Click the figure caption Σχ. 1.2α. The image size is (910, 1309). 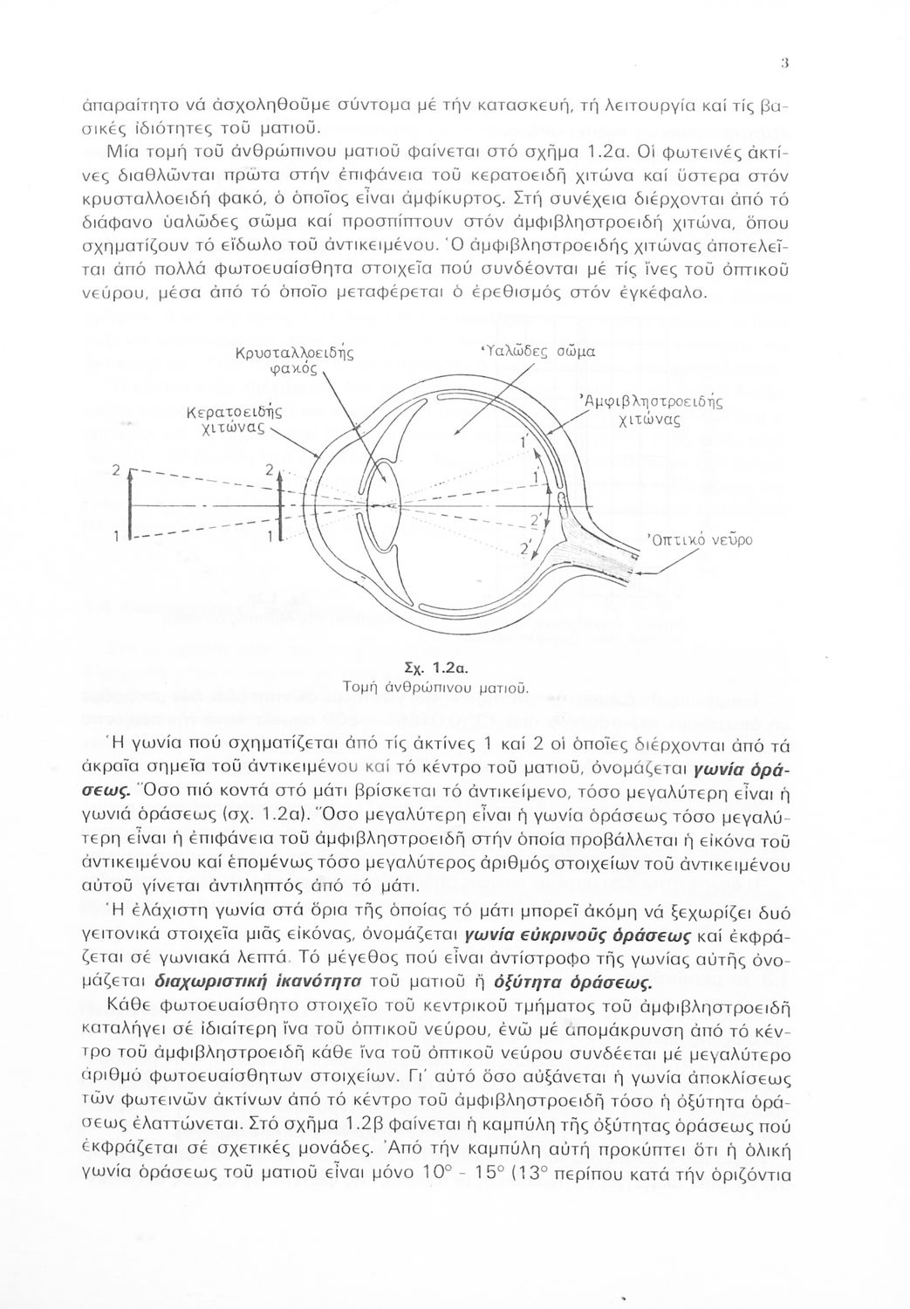pyautogui.click(x=452, y=669)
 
